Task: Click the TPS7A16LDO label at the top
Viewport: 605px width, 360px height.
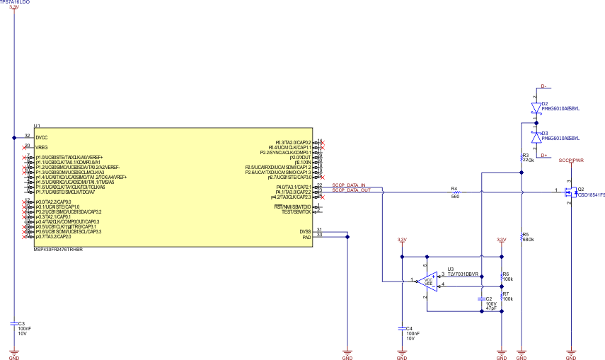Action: tap(15, 2)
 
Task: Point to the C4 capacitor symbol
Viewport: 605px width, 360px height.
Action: tap(402, 327)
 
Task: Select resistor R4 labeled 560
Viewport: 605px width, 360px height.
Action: tap(454, 191)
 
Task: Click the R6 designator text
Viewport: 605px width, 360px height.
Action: tap(505, 274)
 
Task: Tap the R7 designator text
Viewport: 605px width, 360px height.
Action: tap(505, 293)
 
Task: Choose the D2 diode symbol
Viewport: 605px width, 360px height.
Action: tap(536, 107)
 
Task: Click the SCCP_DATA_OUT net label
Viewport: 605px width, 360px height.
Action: tap(352, 190)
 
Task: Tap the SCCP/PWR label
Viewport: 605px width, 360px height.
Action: tap(571, 161)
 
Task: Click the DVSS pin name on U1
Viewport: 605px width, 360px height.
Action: tap(304, 230)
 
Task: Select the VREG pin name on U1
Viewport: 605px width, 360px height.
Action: tap(41, 146)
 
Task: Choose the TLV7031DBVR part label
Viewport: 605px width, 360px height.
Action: tap(463, 274)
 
